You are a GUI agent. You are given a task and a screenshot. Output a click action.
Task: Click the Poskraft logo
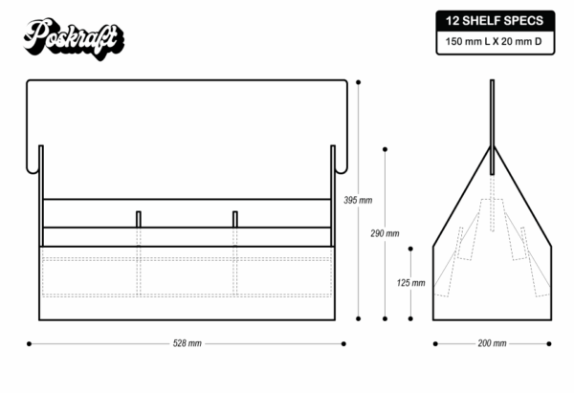pyautogui.click(x=75, y=37)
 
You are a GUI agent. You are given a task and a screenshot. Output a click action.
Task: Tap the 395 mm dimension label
pyautogui.click(x=358, y=200)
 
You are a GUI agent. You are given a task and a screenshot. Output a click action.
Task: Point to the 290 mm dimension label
pyautogui.click(x=385, y=233)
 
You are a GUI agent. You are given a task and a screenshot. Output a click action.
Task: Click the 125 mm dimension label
pyautogui.click(x=410, y=282)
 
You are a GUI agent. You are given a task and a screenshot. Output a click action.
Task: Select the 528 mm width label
pyautogui.click(x=188, y=342)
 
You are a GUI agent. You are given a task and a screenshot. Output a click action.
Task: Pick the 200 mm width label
pyautogui.click(x=492, y=342)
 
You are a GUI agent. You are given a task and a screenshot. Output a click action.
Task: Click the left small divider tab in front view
pyautogui.click(x=139, y=219)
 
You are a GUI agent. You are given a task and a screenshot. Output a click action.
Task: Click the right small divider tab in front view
pyautogui.click(x=235, y=219)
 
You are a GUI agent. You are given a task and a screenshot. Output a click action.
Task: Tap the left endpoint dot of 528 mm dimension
pyautogui.click(x=30, y=342)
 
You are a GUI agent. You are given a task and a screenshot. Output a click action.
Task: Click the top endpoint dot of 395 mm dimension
pyautogui.click(x=358, y=82)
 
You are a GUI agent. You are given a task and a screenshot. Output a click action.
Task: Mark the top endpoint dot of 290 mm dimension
pyautogui.click(x=385, y=148)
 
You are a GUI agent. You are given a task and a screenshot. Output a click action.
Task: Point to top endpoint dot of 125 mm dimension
pyautogui.click(x=410, y=247)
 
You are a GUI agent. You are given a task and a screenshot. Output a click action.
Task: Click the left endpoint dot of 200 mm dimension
pyautogui.click(x=434, y=342)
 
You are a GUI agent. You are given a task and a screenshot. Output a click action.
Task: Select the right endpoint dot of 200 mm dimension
pyautogui.click(x=550, y=342)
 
